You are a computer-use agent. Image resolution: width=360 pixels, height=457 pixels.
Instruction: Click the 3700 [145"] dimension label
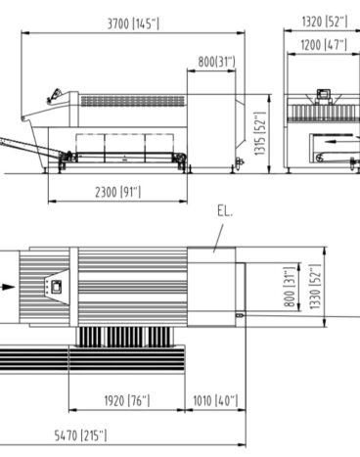pyautogui.click(x=133, y=23)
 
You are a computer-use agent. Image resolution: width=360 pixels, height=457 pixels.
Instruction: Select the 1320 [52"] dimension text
pyautogui.click(x=325, y=22)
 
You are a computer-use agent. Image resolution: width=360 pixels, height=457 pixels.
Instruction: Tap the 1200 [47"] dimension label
pyautogui.click(x=324, y=45)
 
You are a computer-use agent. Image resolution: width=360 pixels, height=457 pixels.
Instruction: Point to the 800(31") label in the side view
pyautogui.click(x=216, y=62)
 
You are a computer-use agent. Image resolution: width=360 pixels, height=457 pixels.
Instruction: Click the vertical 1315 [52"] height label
pyautogui.click(x=260, y=134)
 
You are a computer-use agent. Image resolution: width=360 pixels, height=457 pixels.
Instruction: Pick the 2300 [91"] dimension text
pyautogui.click(x=118, y=192)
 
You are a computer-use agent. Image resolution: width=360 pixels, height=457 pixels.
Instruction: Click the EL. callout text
pyautogui.click(x=225, y=211)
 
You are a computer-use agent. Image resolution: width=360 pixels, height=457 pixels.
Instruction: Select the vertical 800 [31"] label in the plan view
pyautogui.click(x=290, y=287)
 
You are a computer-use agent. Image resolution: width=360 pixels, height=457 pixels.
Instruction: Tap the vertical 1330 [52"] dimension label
pyautogui.click(x=315, y=287)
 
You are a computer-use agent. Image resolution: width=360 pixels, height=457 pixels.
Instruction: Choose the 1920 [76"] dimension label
pyautogui.click(x=127, y=400)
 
